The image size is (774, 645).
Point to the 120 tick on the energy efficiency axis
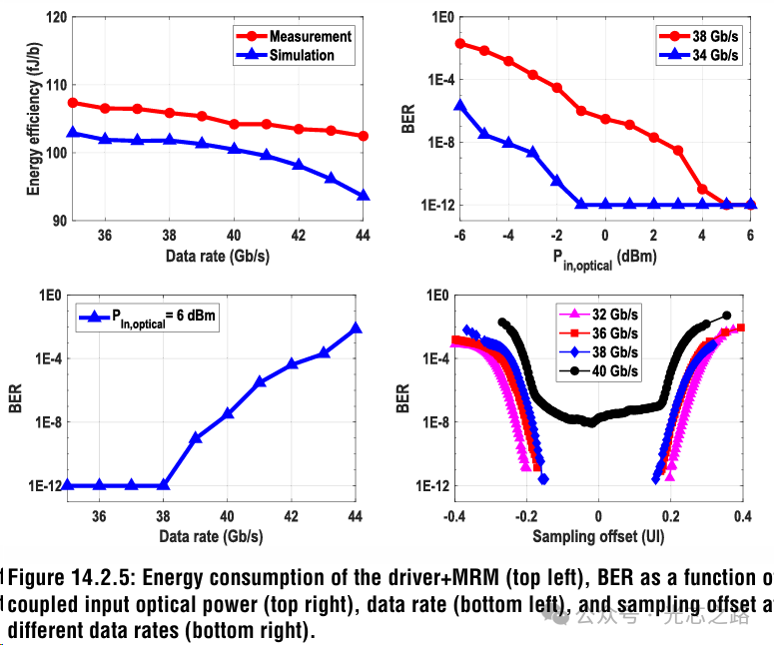55,18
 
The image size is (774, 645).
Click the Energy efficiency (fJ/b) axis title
33,120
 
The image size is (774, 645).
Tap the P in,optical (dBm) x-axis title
604,257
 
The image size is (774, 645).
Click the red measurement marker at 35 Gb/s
73,103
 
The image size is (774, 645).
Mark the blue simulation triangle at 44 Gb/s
364,196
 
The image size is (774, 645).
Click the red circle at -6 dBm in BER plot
460,43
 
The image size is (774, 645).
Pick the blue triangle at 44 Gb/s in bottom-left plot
357,328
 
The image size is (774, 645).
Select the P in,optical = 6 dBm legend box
150,318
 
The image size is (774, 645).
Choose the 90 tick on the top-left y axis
59,220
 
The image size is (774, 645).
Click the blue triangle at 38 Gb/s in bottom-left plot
164,485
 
